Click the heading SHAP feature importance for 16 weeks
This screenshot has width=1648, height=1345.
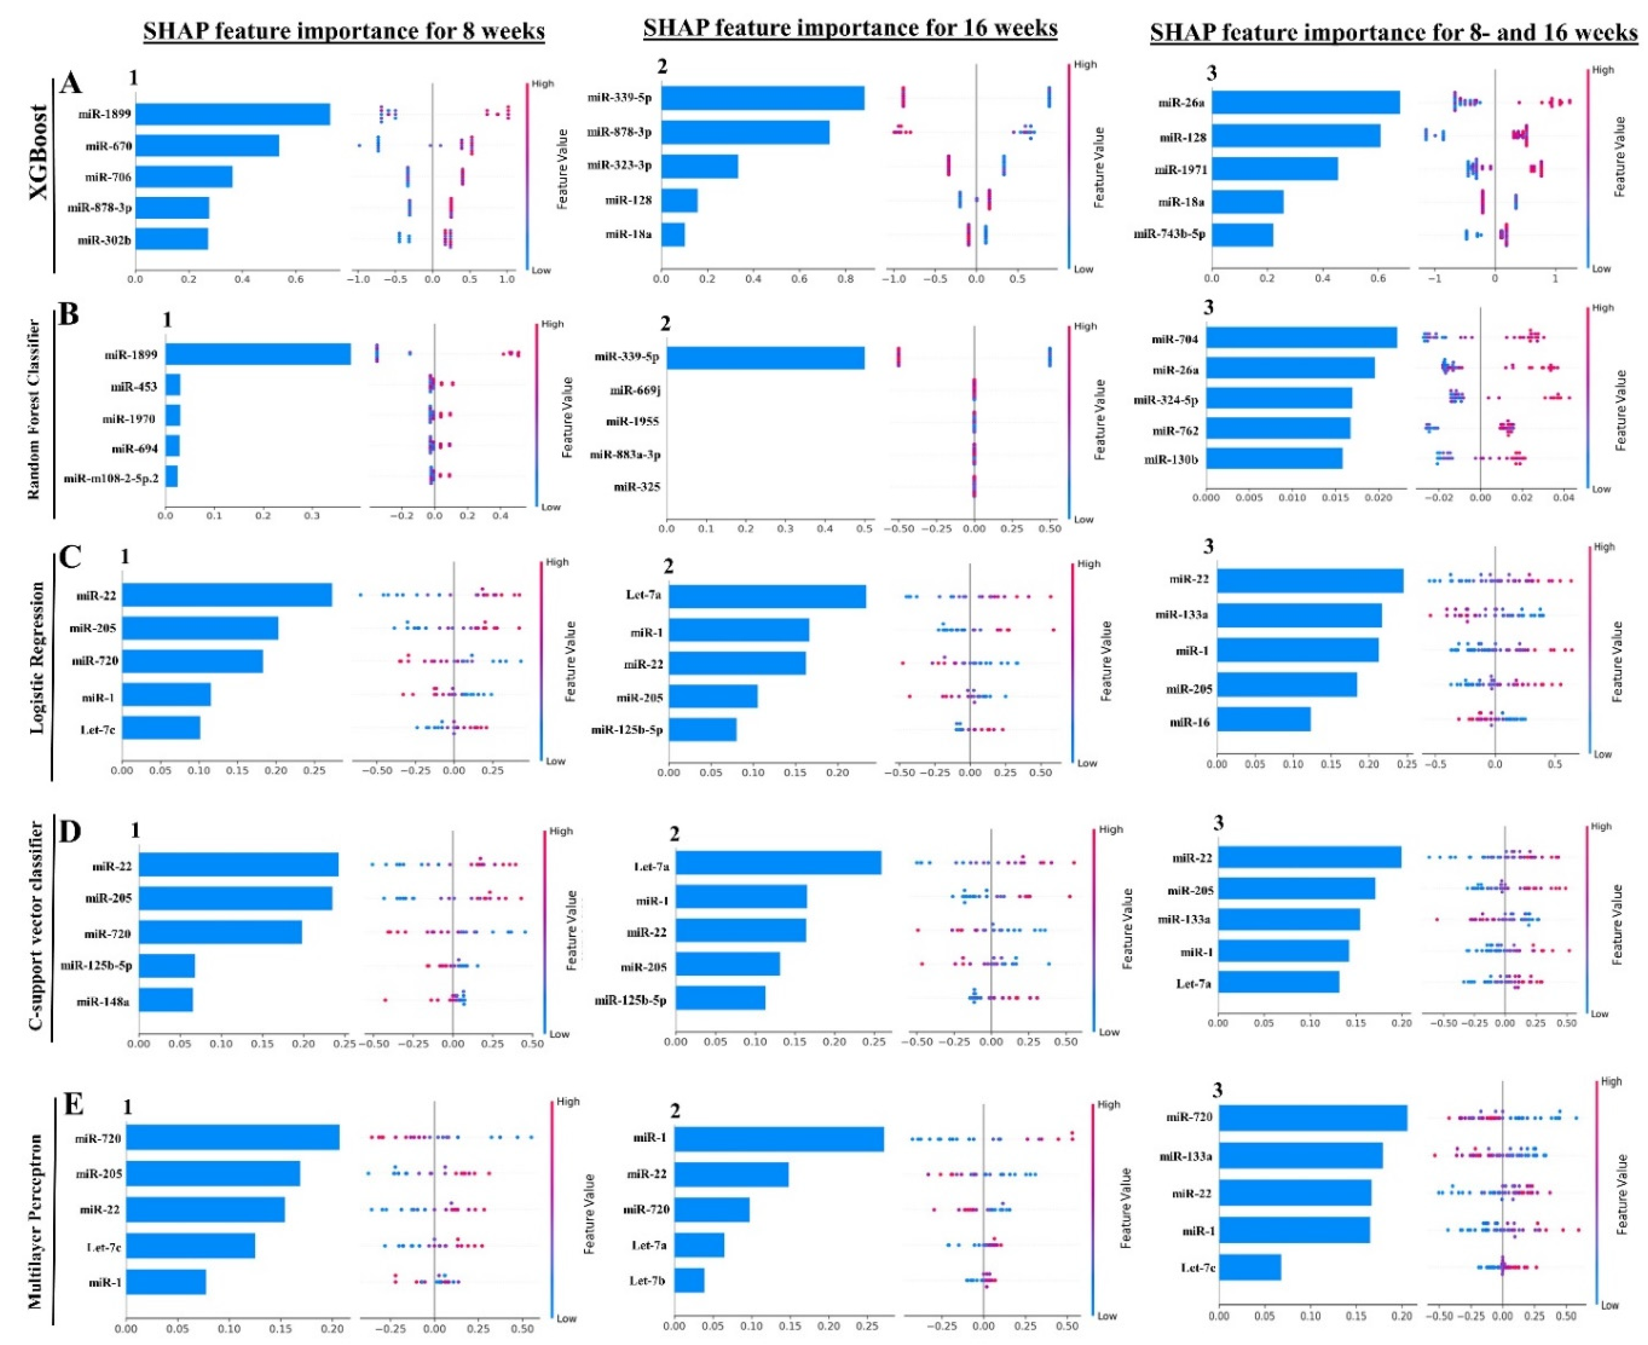(x=849, y=29)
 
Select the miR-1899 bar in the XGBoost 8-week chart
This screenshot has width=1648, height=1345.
(x=232, y=114)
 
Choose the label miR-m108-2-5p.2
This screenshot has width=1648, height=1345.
(x=111, y=478)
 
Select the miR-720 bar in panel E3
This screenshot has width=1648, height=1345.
(x=1312, y=1117)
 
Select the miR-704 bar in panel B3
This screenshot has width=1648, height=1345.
(x=1301, y=338)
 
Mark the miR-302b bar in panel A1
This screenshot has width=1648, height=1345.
(x=171, y=240)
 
